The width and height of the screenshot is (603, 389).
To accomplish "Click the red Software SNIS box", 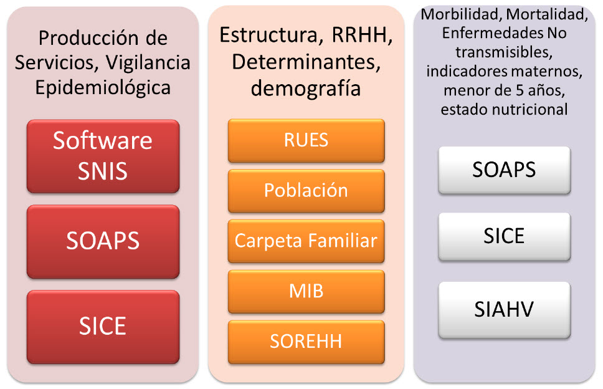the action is tap(103, 156).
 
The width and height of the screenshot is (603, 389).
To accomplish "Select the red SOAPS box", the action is tap(103, 241).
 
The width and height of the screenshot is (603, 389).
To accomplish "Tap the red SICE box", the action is tap(103, 327).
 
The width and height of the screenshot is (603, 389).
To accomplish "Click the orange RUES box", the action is tap(306, 140).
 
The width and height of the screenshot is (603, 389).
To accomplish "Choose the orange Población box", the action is tap(306, 191).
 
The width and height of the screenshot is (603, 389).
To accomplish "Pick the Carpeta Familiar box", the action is tap(306, 241).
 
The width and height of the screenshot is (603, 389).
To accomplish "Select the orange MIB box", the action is tap(306, 291).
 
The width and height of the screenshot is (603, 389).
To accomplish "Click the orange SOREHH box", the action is tap(306, 342).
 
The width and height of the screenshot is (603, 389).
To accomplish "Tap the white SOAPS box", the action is tap(504, 170).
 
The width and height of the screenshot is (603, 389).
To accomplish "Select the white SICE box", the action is tap(504, 237).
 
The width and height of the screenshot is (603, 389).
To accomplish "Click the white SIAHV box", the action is tap(504, 310).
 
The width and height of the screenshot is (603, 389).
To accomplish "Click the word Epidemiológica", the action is tap(103, 88).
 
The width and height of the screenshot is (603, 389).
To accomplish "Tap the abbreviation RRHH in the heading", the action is tap(362, 35).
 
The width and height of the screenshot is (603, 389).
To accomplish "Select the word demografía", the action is tap(306, 89).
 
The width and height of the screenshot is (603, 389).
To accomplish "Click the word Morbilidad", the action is tap(462, 14).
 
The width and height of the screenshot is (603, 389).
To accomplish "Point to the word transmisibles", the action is tap(504, 52).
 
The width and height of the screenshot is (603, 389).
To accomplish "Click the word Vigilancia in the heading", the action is tap(148, 63).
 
